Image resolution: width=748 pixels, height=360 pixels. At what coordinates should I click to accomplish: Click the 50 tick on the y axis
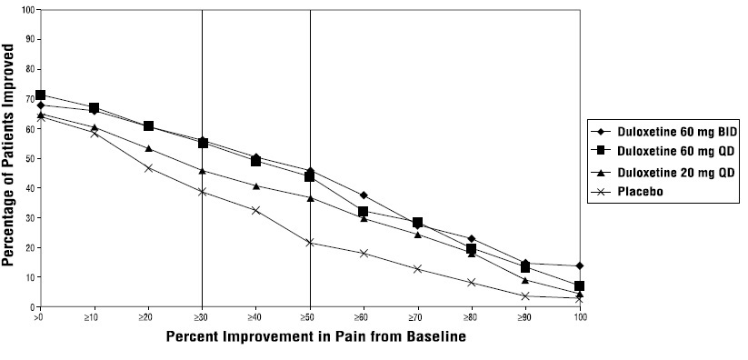pos(28,158)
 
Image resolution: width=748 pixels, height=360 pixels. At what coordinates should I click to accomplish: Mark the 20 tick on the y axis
pos(28,247)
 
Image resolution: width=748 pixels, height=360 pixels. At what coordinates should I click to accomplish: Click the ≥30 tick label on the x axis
pos(202,318)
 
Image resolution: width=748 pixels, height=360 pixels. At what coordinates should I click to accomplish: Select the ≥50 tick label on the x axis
pos(310,318)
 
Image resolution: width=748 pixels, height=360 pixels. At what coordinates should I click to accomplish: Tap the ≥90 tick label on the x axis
pos(525,318)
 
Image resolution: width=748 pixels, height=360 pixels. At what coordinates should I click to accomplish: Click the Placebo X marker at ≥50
pos(310,243)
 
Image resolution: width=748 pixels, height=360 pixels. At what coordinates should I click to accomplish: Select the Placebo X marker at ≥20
pos(148,168)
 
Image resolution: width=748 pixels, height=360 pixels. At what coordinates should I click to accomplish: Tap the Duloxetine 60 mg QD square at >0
pos(40,95)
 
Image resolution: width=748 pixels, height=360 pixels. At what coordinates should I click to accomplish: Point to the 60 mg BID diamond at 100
pos(580,266)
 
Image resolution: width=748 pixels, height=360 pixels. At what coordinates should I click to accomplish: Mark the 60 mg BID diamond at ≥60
pos(364,195)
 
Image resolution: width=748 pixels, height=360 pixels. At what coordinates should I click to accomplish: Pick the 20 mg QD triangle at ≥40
pos(256,186)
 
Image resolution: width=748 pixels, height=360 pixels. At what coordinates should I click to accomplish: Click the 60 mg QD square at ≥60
pos(364,212)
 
